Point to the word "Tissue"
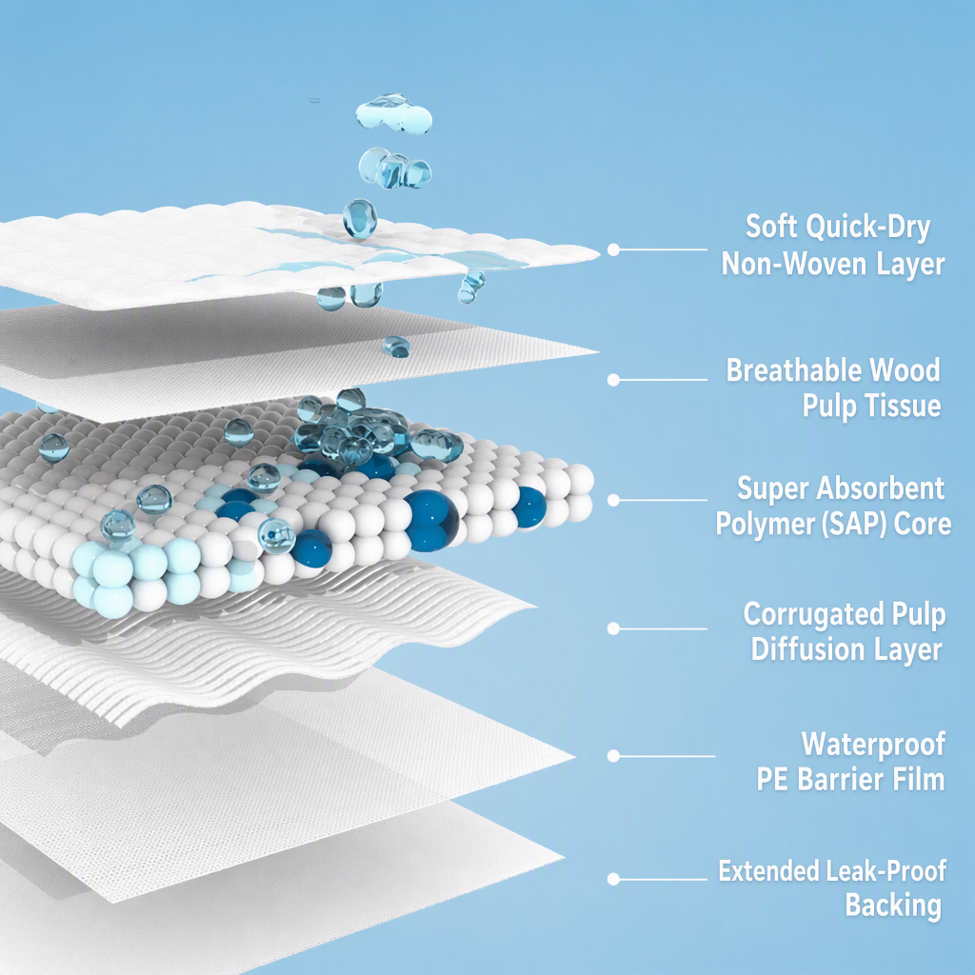coord(902,406)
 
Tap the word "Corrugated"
coord(813,614)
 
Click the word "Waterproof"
coord(873,745)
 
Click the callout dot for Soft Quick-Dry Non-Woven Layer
coord(613,249)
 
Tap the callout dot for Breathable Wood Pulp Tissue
coord(613,379)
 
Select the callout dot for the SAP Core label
coord(613,500)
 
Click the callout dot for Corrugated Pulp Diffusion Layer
coord(613,628)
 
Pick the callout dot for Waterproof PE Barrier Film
coord(613,756)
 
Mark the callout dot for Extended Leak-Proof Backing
coord(613,879)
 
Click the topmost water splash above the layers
coord(393,114)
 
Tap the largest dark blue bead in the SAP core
coord(431,521)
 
